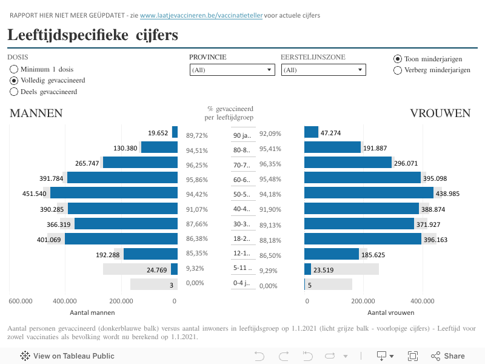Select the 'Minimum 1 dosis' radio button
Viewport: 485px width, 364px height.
(x=14, y=69)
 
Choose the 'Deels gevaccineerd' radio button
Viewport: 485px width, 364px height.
(x=14, y=92)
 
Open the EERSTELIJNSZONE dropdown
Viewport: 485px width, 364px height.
(x=323, y=70)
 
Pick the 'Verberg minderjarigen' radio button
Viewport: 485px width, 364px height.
(x=398, y=70)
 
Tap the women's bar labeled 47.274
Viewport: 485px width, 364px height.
(x=312, y=132)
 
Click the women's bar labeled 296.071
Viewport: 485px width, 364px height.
(x=348, y=163)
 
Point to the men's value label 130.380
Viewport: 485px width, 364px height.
(x=125, y=148)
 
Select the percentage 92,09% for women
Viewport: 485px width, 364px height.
(x=270, y=133)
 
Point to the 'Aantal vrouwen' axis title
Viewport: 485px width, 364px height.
(x=391, y=313)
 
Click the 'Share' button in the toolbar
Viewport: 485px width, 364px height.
(x=448, y=356)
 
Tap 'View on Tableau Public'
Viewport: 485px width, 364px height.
(x=67, y=356)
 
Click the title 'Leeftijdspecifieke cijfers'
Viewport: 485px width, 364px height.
(x=93, y=35)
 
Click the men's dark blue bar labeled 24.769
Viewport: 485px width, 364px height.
(x=175, y=269)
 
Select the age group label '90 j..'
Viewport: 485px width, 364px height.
(x=242, y=135)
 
